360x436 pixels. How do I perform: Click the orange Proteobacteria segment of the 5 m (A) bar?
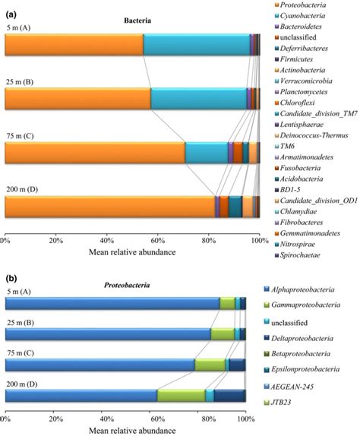pyautogui.click(x=74, y=46)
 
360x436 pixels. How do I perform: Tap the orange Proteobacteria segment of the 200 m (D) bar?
pyautogui.click(x=109, y=207)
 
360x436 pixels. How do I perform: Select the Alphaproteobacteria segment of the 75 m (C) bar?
pyautogui.click(x=99, y=365)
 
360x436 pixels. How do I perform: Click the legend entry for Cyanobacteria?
pyautogui.click(x=307, y=17)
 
